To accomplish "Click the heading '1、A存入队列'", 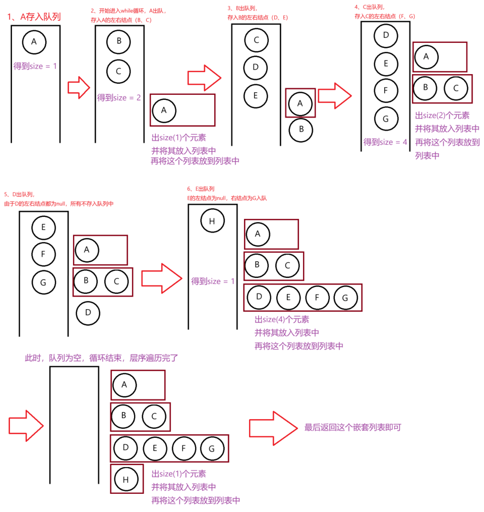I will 34,16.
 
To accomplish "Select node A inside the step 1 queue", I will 34,42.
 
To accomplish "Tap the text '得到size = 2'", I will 119,98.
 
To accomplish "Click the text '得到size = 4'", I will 385,142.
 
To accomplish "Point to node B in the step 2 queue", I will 119,41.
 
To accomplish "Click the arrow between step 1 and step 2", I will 79,87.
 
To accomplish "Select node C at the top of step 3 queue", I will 256,40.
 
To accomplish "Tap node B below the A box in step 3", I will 301,129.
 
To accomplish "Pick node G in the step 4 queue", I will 386,119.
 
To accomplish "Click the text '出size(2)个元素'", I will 442,115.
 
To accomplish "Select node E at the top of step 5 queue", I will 43,228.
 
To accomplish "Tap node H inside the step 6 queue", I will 212,221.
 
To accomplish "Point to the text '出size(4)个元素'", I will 282,319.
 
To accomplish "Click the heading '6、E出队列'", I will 201,189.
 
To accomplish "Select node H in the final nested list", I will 126,479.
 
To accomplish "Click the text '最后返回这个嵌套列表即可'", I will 352,427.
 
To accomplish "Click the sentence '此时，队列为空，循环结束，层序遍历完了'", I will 101,358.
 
